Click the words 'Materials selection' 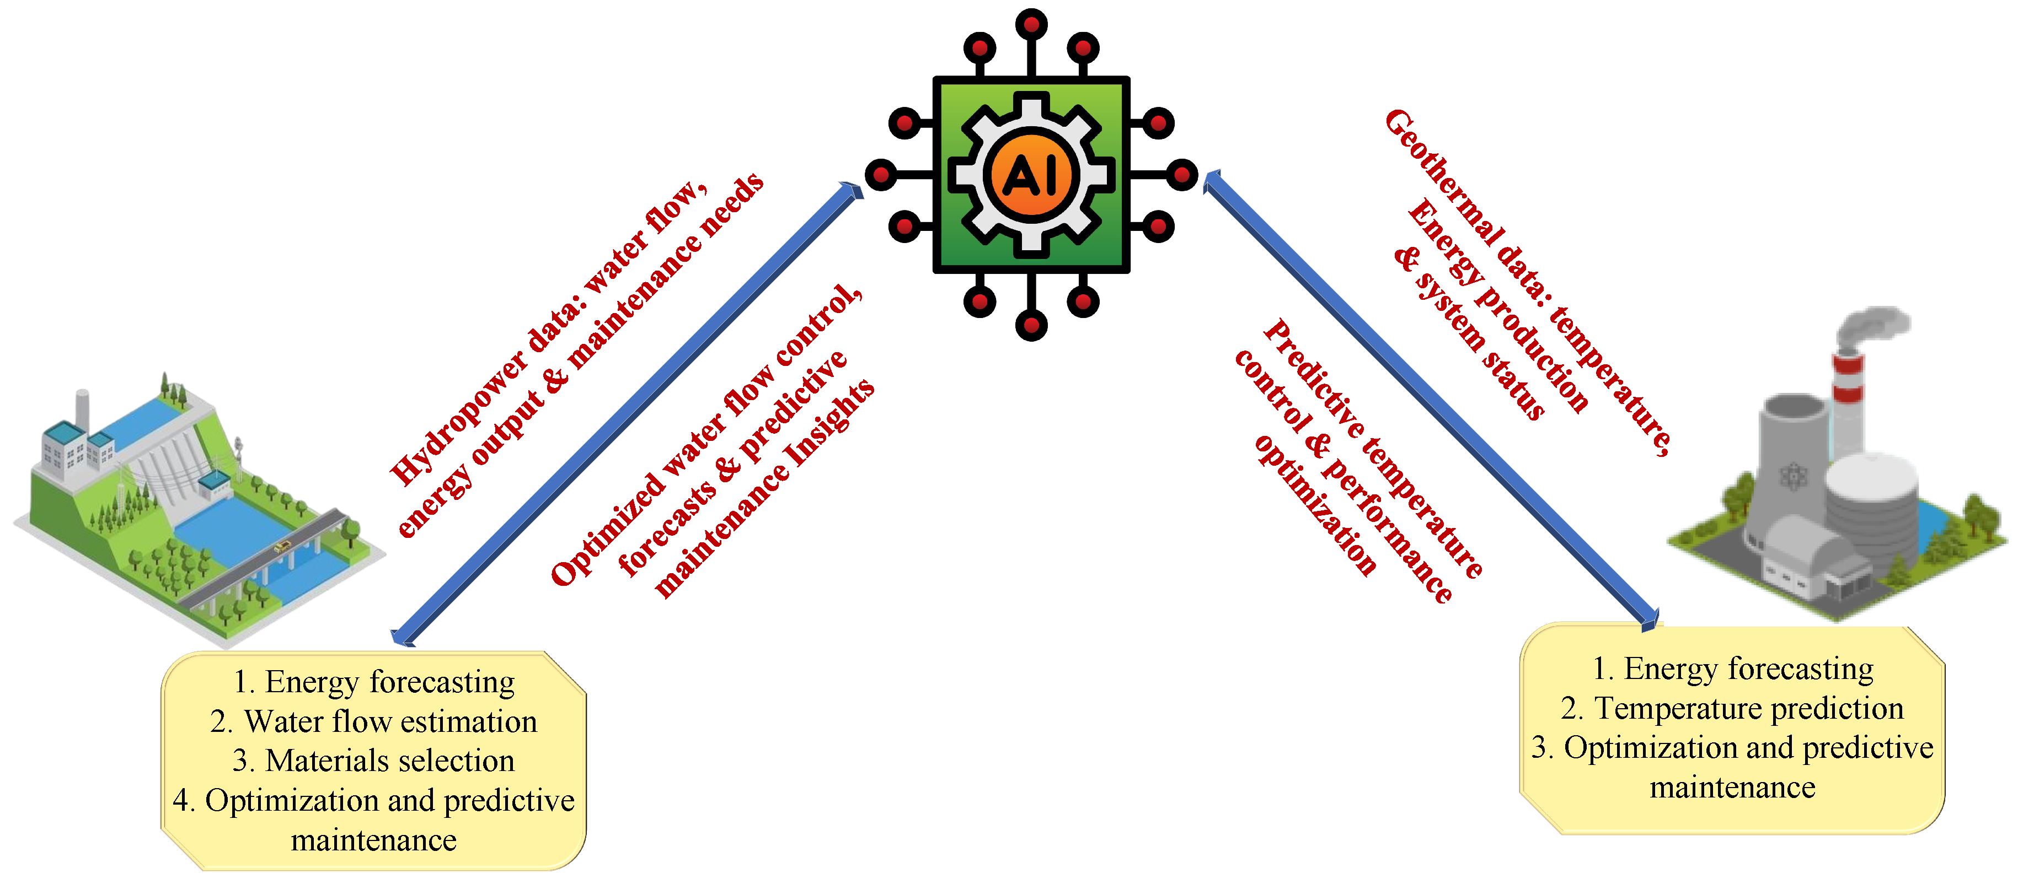(x=389, y=761)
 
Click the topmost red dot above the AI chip (x=1031, y=24)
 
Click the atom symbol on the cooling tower (x=1793, y=475)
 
